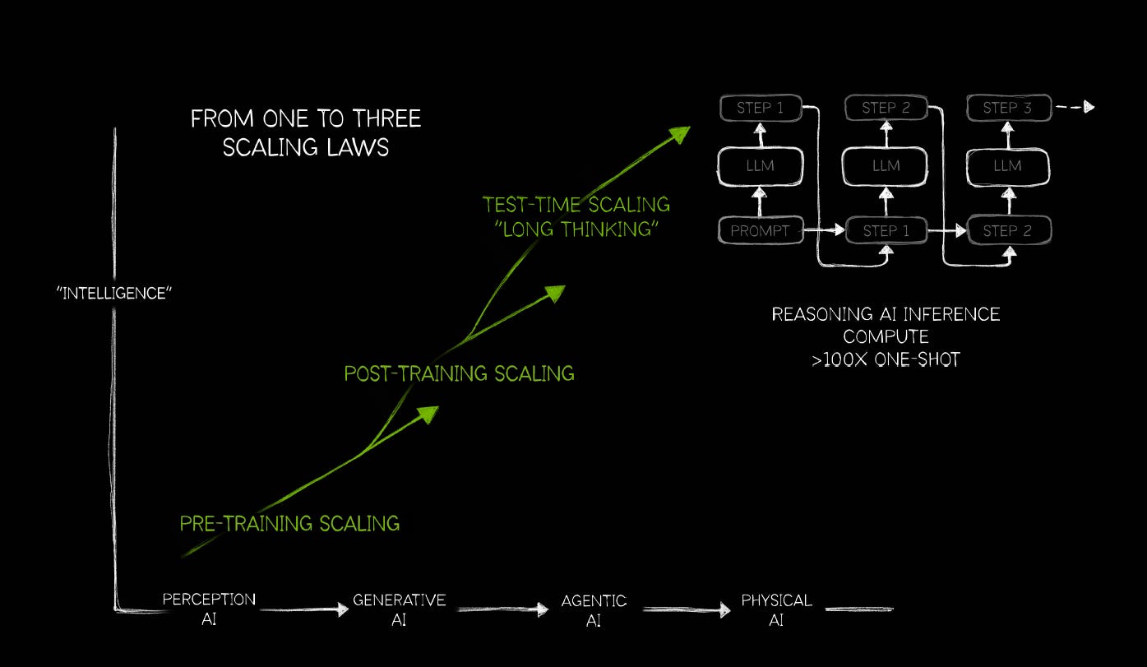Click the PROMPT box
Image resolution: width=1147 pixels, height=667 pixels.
760,231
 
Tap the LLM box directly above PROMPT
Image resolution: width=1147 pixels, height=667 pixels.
760,166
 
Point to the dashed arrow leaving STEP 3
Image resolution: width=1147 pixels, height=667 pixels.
1074,107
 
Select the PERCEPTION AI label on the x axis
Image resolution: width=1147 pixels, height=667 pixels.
209,609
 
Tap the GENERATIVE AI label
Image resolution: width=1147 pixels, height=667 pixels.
399,609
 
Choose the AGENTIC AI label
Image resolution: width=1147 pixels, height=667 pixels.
594,610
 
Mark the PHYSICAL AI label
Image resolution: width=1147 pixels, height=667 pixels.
776,609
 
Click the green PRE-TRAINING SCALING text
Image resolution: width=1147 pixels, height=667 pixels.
289,523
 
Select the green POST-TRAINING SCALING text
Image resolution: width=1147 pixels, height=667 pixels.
459,373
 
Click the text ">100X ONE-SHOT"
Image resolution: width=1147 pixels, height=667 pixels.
886,359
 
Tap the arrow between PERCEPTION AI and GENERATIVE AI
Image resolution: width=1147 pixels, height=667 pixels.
304,610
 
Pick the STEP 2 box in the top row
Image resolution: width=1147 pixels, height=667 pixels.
885,108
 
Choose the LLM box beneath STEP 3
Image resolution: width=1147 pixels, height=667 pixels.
1006,166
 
